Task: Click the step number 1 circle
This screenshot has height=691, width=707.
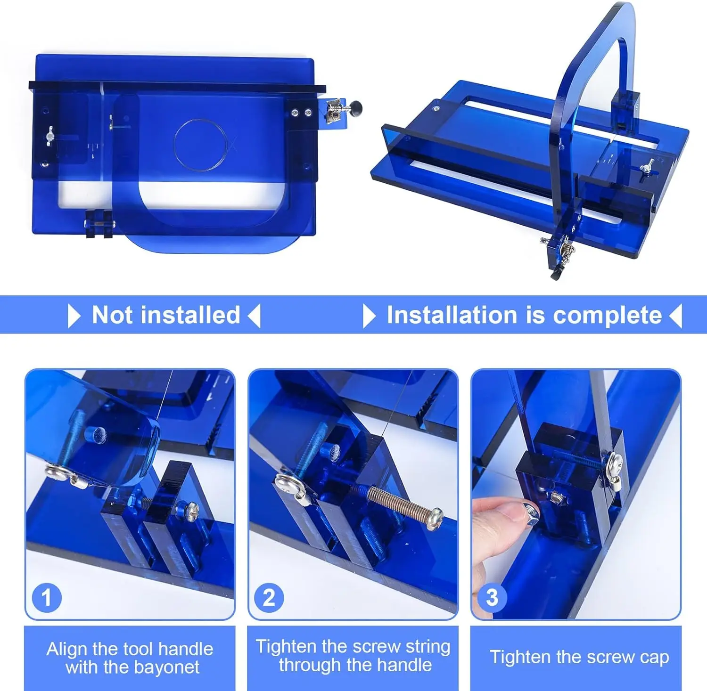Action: tap(46, 598)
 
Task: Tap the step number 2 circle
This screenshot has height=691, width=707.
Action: tap(269, 598)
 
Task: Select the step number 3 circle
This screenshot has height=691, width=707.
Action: tap(492, 598)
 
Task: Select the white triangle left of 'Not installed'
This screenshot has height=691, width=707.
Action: tap(74, 316)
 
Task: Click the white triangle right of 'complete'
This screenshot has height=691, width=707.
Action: tap(676, 316)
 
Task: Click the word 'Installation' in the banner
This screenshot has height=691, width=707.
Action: tap(452, 315)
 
